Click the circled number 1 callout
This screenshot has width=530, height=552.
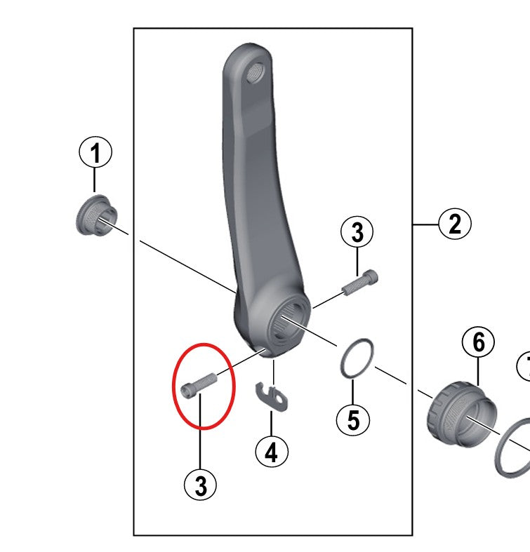(x=95, y=153)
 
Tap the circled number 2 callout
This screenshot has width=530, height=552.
(x=455, y=224)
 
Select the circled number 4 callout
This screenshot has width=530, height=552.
(x=272, y=452)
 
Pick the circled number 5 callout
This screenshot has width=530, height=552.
(x=353, y=419)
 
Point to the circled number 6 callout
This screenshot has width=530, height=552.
(x=478, y=342)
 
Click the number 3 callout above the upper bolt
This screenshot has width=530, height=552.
(x=357, y=232)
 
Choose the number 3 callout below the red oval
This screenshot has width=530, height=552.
(x=201, y=485)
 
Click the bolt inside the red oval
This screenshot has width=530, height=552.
(x=199, y=385)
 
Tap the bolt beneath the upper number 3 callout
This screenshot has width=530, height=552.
(x=360, y=283)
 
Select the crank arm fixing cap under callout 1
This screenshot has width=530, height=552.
(x=96, y=215)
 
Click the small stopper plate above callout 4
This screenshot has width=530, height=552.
(x=272, y=396)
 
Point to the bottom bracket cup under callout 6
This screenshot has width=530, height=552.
(x=462, y=414)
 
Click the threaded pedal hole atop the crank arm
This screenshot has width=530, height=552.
(x=255, y=74)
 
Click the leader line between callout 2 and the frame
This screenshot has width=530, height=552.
(x=425, y=224)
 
